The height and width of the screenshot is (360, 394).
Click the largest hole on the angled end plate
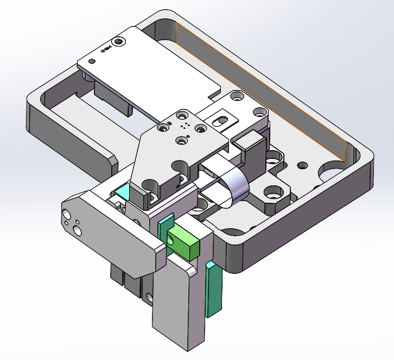tap(77, 231)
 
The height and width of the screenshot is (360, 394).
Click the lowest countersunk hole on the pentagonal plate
tap(182, 140)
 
